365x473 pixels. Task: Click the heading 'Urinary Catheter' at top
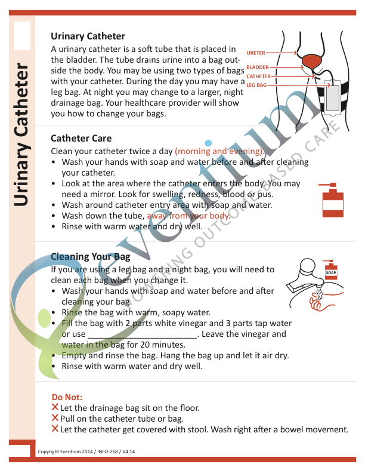tap(88, 36)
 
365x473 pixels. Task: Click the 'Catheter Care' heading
tap(81, 138)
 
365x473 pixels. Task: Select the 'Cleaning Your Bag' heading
tap(90, 257)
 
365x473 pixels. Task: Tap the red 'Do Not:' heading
tap(67, 397)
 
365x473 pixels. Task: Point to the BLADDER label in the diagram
tap(257, 68)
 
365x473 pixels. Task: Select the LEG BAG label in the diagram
tap(256, 86)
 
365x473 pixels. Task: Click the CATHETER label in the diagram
tap(258, 76)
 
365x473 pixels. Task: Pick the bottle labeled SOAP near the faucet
tap(331, 274)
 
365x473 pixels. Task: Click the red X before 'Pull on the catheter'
tap(55, 419)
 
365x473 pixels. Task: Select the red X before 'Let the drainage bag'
tap(55, 408)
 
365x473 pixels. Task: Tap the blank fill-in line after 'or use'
tap(143, 334)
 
